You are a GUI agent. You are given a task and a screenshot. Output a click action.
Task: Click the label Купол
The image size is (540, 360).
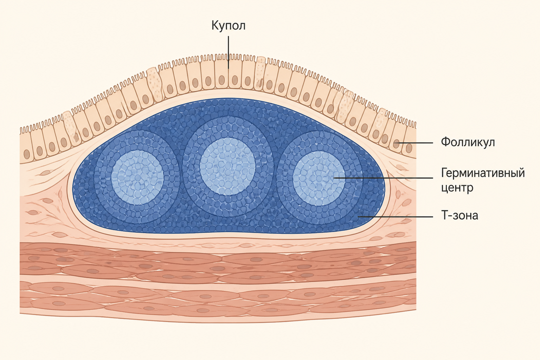(x=228, y=26)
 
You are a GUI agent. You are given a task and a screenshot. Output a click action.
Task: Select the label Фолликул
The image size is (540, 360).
(x=468, y=142)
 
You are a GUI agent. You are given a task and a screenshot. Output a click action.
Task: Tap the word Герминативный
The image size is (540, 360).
(x=483, y=173)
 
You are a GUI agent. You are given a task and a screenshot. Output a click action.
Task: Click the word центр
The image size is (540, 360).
(x=457, y=188)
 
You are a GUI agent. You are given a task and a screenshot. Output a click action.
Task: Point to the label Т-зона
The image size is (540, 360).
(x=459, y=215)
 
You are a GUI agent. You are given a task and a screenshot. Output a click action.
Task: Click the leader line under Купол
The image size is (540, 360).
(x=228, y=52)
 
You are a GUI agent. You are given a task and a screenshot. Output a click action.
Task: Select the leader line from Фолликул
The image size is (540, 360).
(x=415, y=143)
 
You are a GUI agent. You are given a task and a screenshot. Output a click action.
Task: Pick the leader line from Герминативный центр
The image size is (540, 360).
(x=383, y=178)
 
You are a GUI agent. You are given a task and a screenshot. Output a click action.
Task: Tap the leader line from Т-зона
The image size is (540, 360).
(x=396, y=217)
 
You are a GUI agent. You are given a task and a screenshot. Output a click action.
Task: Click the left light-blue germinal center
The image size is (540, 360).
(x=137, y=178)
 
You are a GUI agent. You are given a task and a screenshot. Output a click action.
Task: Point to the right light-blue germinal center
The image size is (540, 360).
(x=319, y=178)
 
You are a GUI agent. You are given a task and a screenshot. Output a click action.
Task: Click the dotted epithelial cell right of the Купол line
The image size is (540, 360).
(x=260, y=73)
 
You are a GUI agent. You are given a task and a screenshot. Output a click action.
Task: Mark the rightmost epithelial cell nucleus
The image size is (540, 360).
(x=409, y=148)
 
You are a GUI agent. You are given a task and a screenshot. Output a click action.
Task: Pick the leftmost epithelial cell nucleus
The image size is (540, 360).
(x=27, y=154)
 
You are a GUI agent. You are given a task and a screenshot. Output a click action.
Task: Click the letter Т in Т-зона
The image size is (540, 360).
(x=444, y=215)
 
